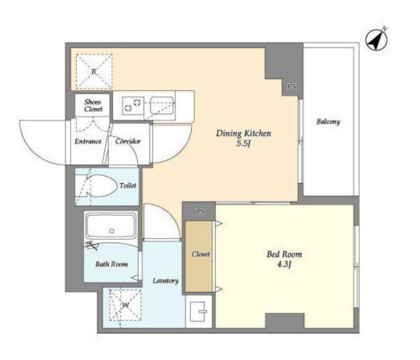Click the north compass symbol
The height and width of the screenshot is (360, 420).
(377, 40)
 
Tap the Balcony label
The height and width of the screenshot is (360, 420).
(328, 122)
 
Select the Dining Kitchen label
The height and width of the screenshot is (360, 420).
(243, 134)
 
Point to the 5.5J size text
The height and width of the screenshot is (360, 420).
(243, 144)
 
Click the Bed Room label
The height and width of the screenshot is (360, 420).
(284, 254)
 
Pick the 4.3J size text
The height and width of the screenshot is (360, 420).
(284, 264)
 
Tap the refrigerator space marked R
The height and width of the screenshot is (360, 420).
(94, 72)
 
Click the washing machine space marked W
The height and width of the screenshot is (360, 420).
(126, 305)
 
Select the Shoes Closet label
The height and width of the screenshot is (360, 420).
(93, 105)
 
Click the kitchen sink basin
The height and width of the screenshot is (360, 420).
(162, 105)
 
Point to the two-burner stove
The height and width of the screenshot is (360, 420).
(134, 105)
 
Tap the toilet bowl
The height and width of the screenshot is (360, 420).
(101, 186)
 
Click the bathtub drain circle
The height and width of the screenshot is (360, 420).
(111, 231)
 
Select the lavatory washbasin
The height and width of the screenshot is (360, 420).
(198, 311)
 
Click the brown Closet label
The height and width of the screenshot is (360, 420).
(201, 254)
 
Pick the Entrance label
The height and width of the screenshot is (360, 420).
(88, 142)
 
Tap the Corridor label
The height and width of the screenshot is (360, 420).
(127, 142)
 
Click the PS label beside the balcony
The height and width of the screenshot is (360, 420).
(292, 87)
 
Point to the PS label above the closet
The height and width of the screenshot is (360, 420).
(201, 211)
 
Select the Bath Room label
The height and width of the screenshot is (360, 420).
(111, 264)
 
